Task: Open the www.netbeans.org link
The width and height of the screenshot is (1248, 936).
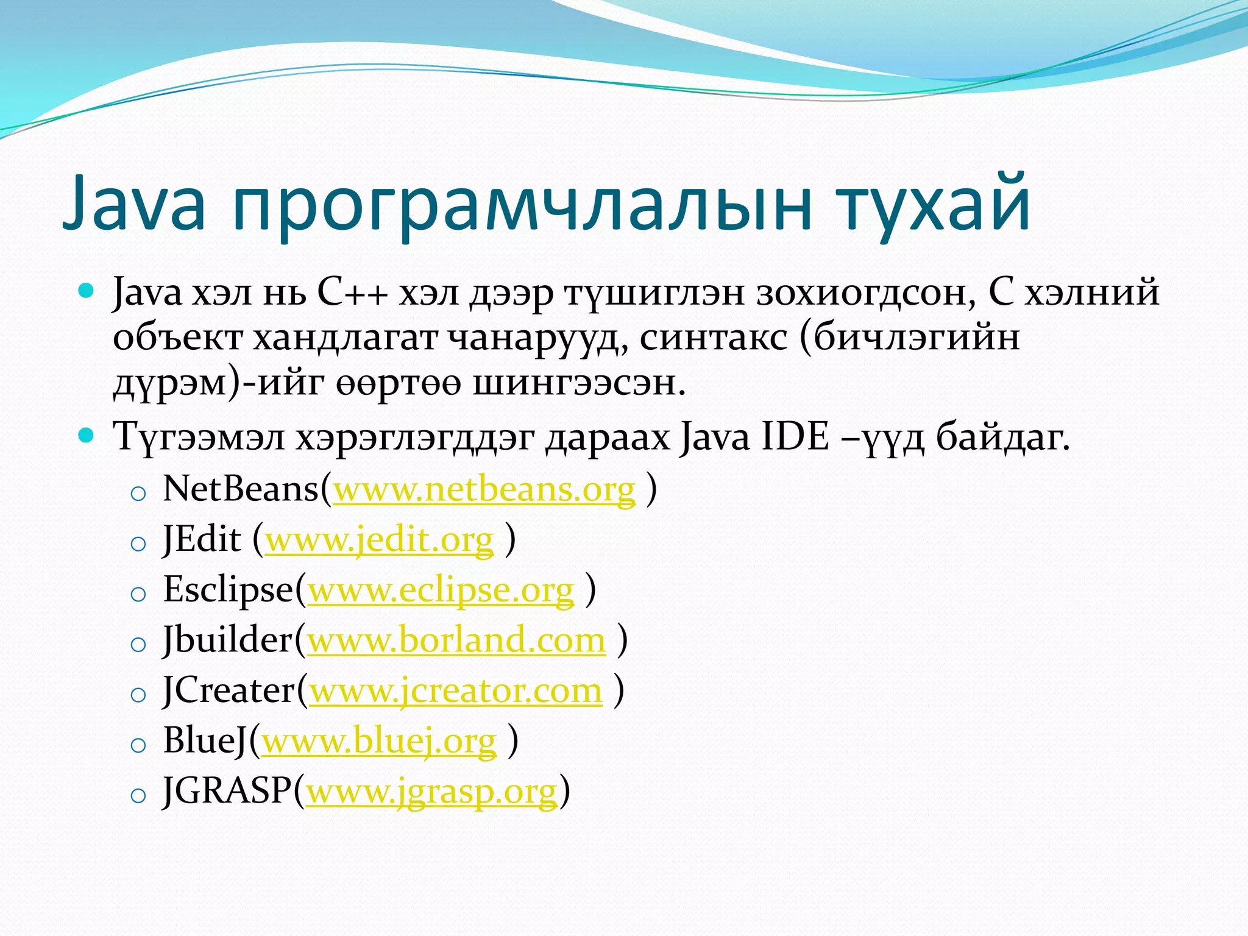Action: click(484, 489)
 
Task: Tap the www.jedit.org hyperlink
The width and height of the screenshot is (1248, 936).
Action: click(379, 540)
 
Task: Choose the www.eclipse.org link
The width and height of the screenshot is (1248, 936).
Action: click(441, 590)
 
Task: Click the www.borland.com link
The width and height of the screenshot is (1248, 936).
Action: click(456, 640)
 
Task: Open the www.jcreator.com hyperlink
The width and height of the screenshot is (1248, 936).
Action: click(456, 691)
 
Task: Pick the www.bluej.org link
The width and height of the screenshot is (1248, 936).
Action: click(379, 742)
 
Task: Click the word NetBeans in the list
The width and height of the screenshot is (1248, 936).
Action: click(241, 489)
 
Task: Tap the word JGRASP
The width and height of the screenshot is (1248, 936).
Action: click(227, 791)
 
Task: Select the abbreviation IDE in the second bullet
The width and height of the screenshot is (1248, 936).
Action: click(795, 437)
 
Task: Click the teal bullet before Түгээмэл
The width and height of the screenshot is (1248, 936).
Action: click(87, 435)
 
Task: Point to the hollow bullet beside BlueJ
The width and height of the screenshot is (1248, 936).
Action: click(138, 745)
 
